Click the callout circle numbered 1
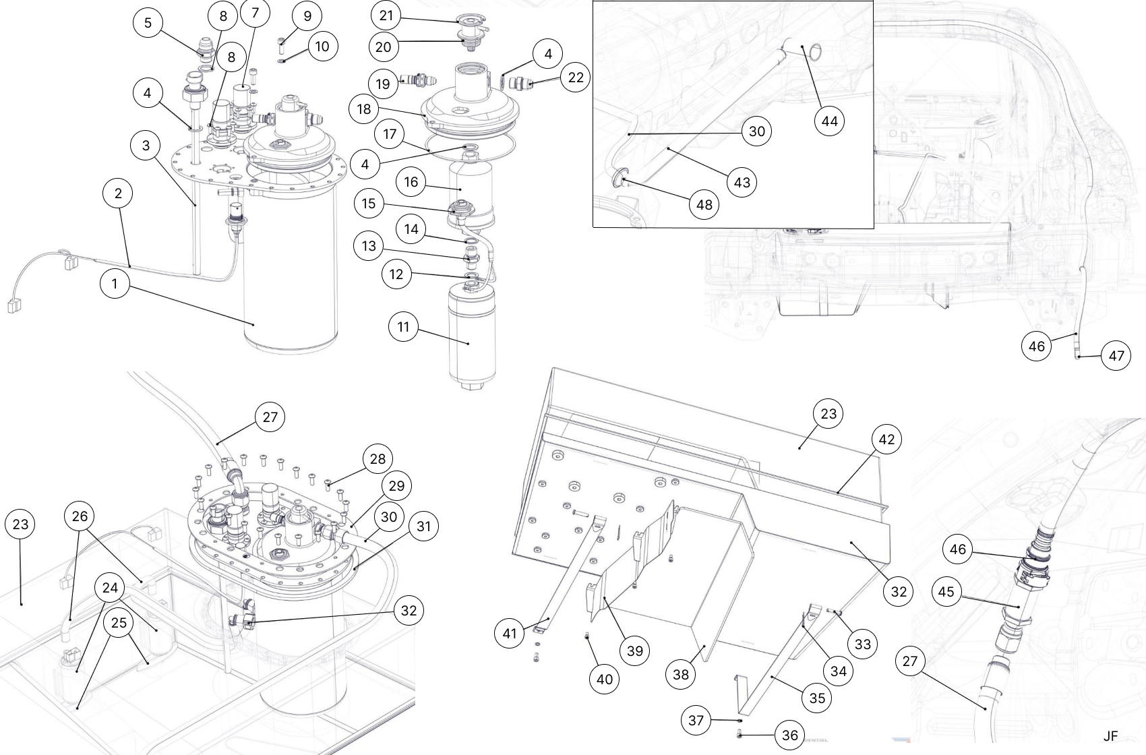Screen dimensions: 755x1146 click(x=115, y=283)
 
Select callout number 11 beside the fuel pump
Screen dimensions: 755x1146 click(x=403, y=327)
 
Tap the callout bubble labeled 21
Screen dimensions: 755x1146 click(x=386, y=16)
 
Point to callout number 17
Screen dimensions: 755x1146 click(x=390, y=134)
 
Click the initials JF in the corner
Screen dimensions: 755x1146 click(x=1110, y=736)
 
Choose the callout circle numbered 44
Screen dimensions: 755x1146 click(x=829, y=121)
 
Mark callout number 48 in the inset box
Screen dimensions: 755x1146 click(x=704, y=205)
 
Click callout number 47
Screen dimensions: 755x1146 click(x=1116, y=355)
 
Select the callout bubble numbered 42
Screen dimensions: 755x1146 click(x=886, y=440)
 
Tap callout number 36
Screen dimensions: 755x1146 click(x=790, y=735)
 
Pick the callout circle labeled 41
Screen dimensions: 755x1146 click(x=510, y=633)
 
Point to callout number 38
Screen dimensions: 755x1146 click(x=681, y=673)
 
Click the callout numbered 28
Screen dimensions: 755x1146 click(x=378, y=459)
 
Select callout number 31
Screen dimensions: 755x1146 click(x=423, y=526)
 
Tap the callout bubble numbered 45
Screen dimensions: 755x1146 click(x=946, y=591)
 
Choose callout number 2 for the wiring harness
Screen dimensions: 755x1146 click(x=119, y=193)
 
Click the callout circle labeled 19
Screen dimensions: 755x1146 click(x=383, y=84)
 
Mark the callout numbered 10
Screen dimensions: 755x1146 click(x=322, y=47)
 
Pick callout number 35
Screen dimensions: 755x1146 click(x=817, y=698)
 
